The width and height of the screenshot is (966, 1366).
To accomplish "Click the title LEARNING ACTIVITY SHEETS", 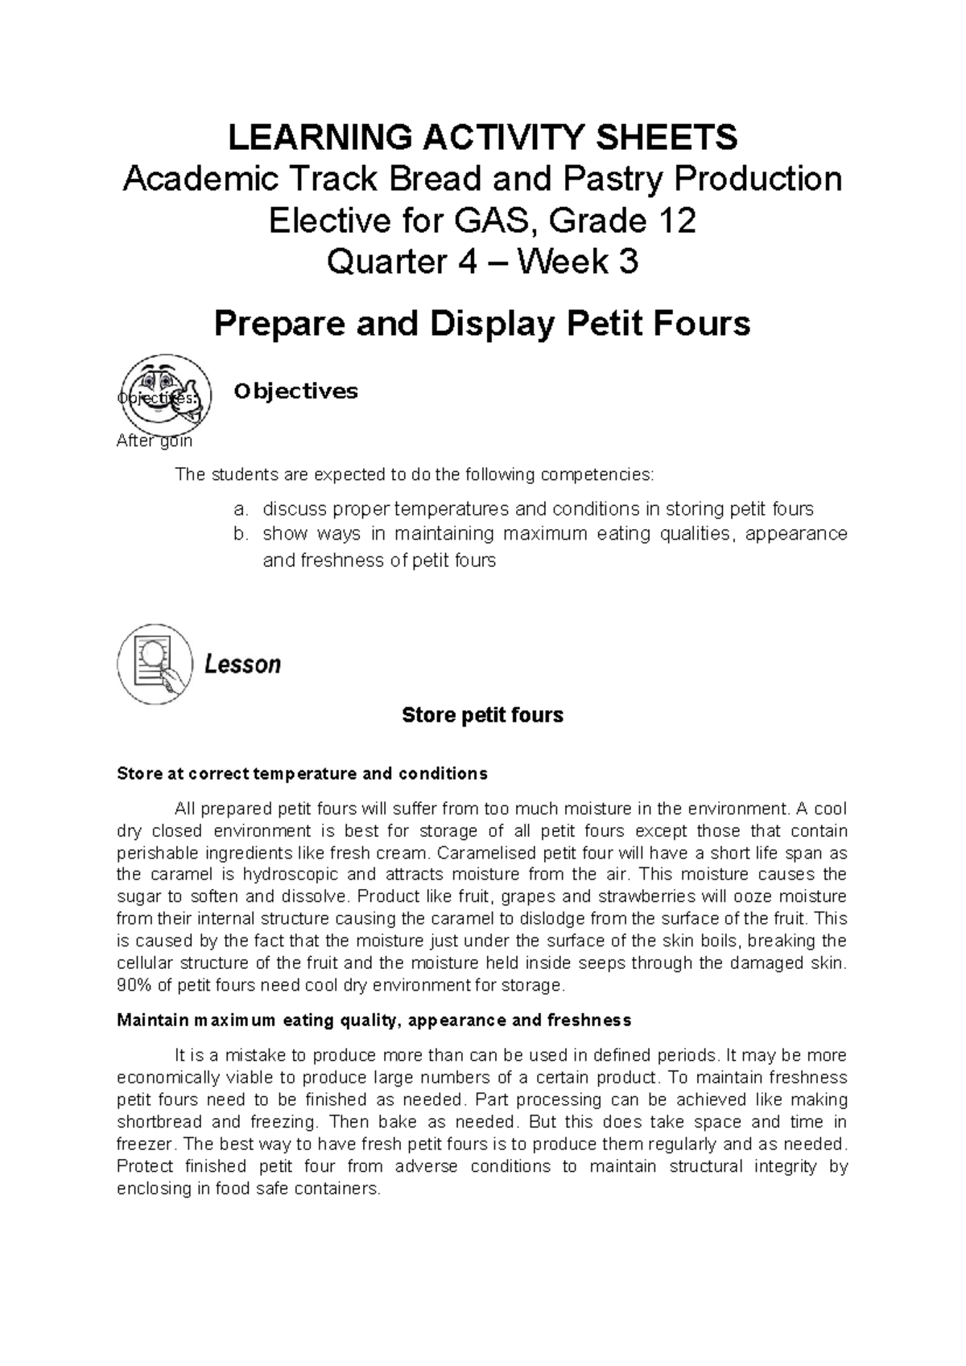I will pos(483,138).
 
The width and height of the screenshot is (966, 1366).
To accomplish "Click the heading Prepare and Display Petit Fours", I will pos(481,324).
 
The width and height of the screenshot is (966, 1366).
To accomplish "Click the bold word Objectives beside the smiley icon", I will pos(295,391).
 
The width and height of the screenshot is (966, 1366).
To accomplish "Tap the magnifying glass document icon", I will pos(155,664).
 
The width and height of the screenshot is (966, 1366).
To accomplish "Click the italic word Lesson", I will pos(242,665).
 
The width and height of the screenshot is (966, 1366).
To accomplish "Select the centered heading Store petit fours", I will pos(482,715).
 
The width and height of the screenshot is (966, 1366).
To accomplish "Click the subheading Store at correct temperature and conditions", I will pos(302,774).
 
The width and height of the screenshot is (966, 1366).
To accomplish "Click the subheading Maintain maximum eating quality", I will pos(374,1020).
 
